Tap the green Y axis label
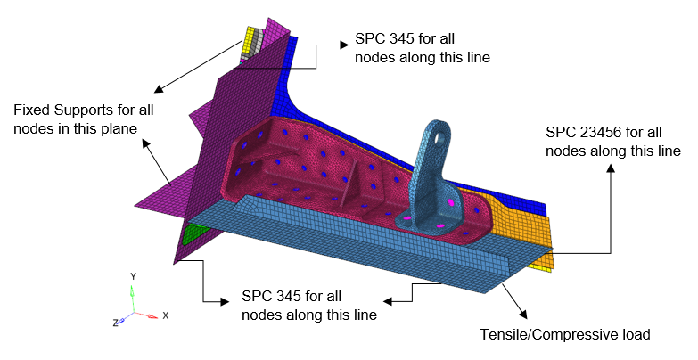pyautogui.click(x=134, y=276)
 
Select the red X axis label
pyautogui.click(x=166, y=315)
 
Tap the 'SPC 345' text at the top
pyautogui.click(x=381, y=40)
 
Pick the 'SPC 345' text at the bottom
pyautogui.click(x=268, y=297)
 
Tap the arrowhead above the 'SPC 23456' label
pyautogui.click(x=611, y=168)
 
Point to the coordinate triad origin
pyautogui.click(x=134, y=313)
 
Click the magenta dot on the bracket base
pyautogui.click(x=450, y=204)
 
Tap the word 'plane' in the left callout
pyautogui.click(x=119, y=129)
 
